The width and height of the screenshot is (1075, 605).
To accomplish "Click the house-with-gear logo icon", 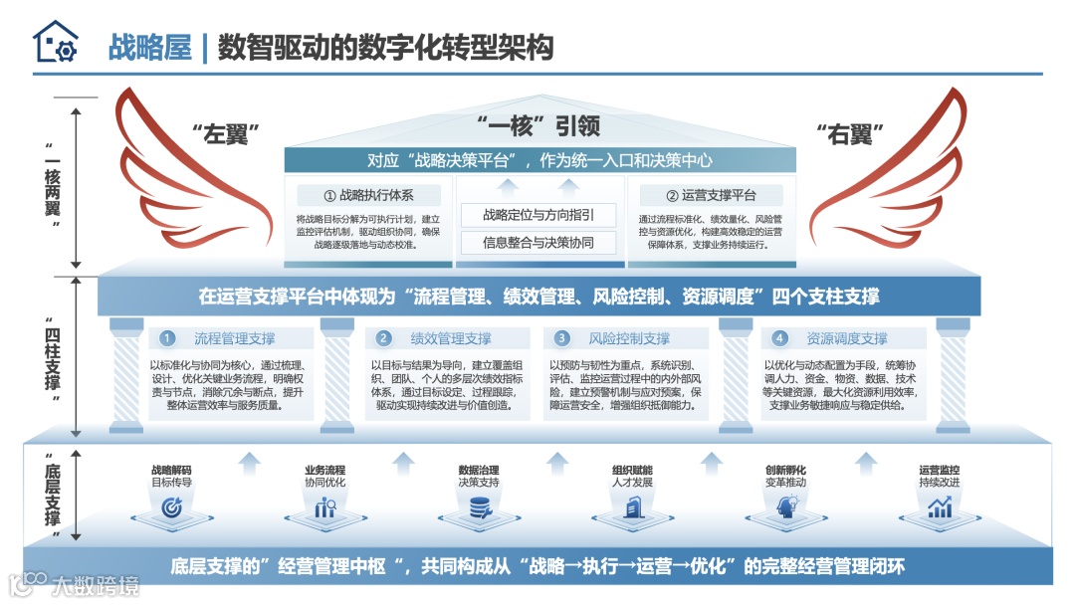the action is coord(55,43).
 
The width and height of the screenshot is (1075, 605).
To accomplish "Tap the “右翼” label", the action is coord(849,133).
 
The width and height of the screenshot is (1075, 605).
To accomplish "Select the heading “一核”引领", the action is coord(538,125).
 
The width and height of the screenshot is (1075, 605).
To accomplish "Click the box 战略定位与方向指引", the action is coord(538,215).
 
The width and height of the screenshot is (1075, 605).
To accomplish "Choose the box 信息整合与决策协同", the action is coord(538,242).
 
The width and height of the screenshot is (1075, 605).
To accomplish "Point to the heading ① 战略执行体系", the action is coord(368,195).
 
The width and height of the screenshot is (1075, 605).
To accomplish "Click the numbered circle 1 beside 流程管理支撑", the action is coord(168,338).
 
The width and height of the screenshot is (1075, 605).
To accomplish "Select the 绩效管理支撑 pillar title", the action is coord(451,338).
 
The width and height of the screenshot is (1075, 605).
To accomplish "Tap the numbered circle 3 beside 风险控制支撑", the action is coord(561,338).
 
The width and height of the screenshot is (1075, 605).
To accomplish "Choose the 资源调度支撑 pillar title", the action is coord(846,338).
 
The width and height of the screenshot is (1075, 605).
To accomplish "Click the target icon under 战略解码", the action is coord(171,507).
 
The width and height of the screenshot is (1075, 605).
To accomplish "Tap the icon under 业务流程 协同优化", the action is coord(324,508).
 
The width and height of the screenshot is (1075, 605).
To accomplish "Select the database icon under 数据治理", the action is coord(478,508).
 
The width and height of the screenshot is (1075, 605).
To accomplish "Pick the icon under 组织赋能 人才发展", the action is coord(631,508).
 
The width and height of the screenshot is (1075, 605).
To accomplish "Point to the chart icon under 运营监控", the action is coord(939,507).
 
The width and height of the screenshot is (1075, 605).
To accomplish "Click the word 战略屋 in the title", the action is coord(149,47).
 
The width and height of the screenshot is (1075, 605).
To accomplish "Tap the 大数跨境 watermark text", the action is coord(96,584).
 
